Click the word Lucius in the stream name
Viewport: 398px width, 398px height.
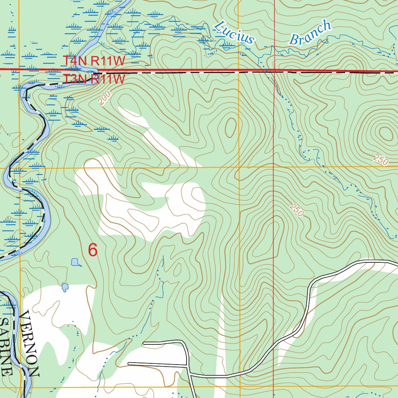(234, 32)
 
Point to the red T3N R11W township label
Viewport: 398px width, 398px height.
(95, 79)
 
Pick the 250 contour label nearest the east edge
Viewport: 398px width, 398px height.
(381, 160)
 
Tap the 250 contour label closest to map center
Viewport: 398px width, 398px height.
(296, 210)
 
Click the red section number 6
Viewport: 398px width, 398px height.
(93, 250)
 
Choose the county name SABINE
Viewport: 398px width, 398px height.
(6, 347)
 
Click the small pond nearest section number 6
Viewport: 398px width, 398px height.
(75, 262)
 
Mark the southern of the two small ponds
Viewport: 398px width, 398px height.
(65, 287)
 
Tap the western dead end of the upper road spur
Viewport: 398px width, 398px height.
(144, 343)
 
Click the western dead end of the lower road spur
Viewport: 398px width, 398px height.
(129, 364)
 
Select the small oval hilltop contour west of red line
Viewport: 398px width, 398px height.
(230, 127)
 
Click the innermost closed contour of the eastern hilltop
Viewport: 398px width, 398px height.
(386, 133)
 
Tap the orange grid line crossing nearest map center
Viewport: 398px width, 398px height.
(239, 168)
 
